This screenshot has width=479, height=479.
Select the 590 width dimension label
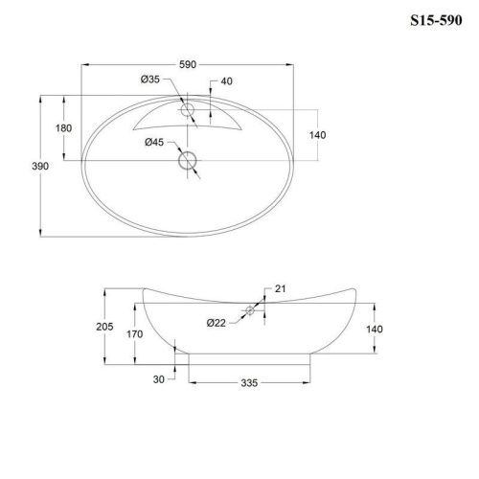coord(189,64)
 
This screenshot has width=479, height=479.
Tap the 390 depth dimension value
coord(27,166)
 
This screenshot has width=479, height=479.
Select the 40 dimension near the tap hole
coord(226,80)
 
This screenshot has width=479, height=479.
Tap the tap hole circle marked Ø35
coord(188,111)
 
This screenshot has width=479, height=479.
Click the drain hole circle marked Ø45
coord(188,162)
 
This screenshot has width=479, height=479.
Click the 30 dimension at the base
coord(161,377)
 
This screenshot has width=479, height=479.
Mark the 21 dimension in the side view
coord(282,288)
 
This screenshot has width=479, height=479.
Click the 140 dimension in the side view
coord(375,329)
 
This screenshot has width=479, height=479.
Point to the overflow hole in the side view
coord(248,309)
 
